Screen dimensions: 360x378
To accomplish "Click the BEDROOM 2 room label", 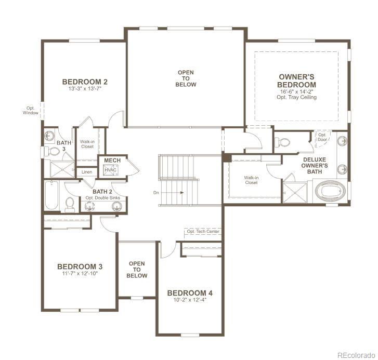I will click(85, 82).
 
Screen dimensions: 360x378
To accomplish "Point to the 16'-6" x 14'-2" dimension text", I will click(296, 91).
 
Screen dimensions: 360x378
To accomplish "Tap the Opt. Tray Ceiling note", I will click(296, 97).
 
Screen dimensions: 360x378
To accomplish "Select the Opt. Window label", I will click(30, 111).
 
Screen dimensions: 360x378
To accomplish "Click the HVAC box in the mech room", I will click(110, 170).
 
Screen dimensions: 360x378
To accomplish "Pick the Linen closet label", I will click(87, 172).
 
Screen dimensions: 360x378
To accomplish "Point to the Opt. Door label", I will click(323, 137).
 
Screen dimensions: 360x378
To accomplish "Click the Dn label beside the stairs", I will click(156, 192).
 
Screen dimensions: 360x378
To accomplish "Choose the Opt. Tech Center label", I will click(201, 231).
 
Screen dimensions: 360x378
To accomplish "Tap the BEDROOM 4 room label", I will click(190, 293).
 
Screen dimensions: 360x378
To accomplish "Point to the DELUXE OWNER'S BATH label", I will click(315, 166).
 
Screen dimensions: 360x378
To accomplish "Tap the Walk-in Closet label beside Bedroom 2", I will click(87, 144).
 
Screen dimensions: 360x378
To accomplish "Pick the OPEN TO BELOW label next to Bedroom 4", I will click(137, 270).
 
